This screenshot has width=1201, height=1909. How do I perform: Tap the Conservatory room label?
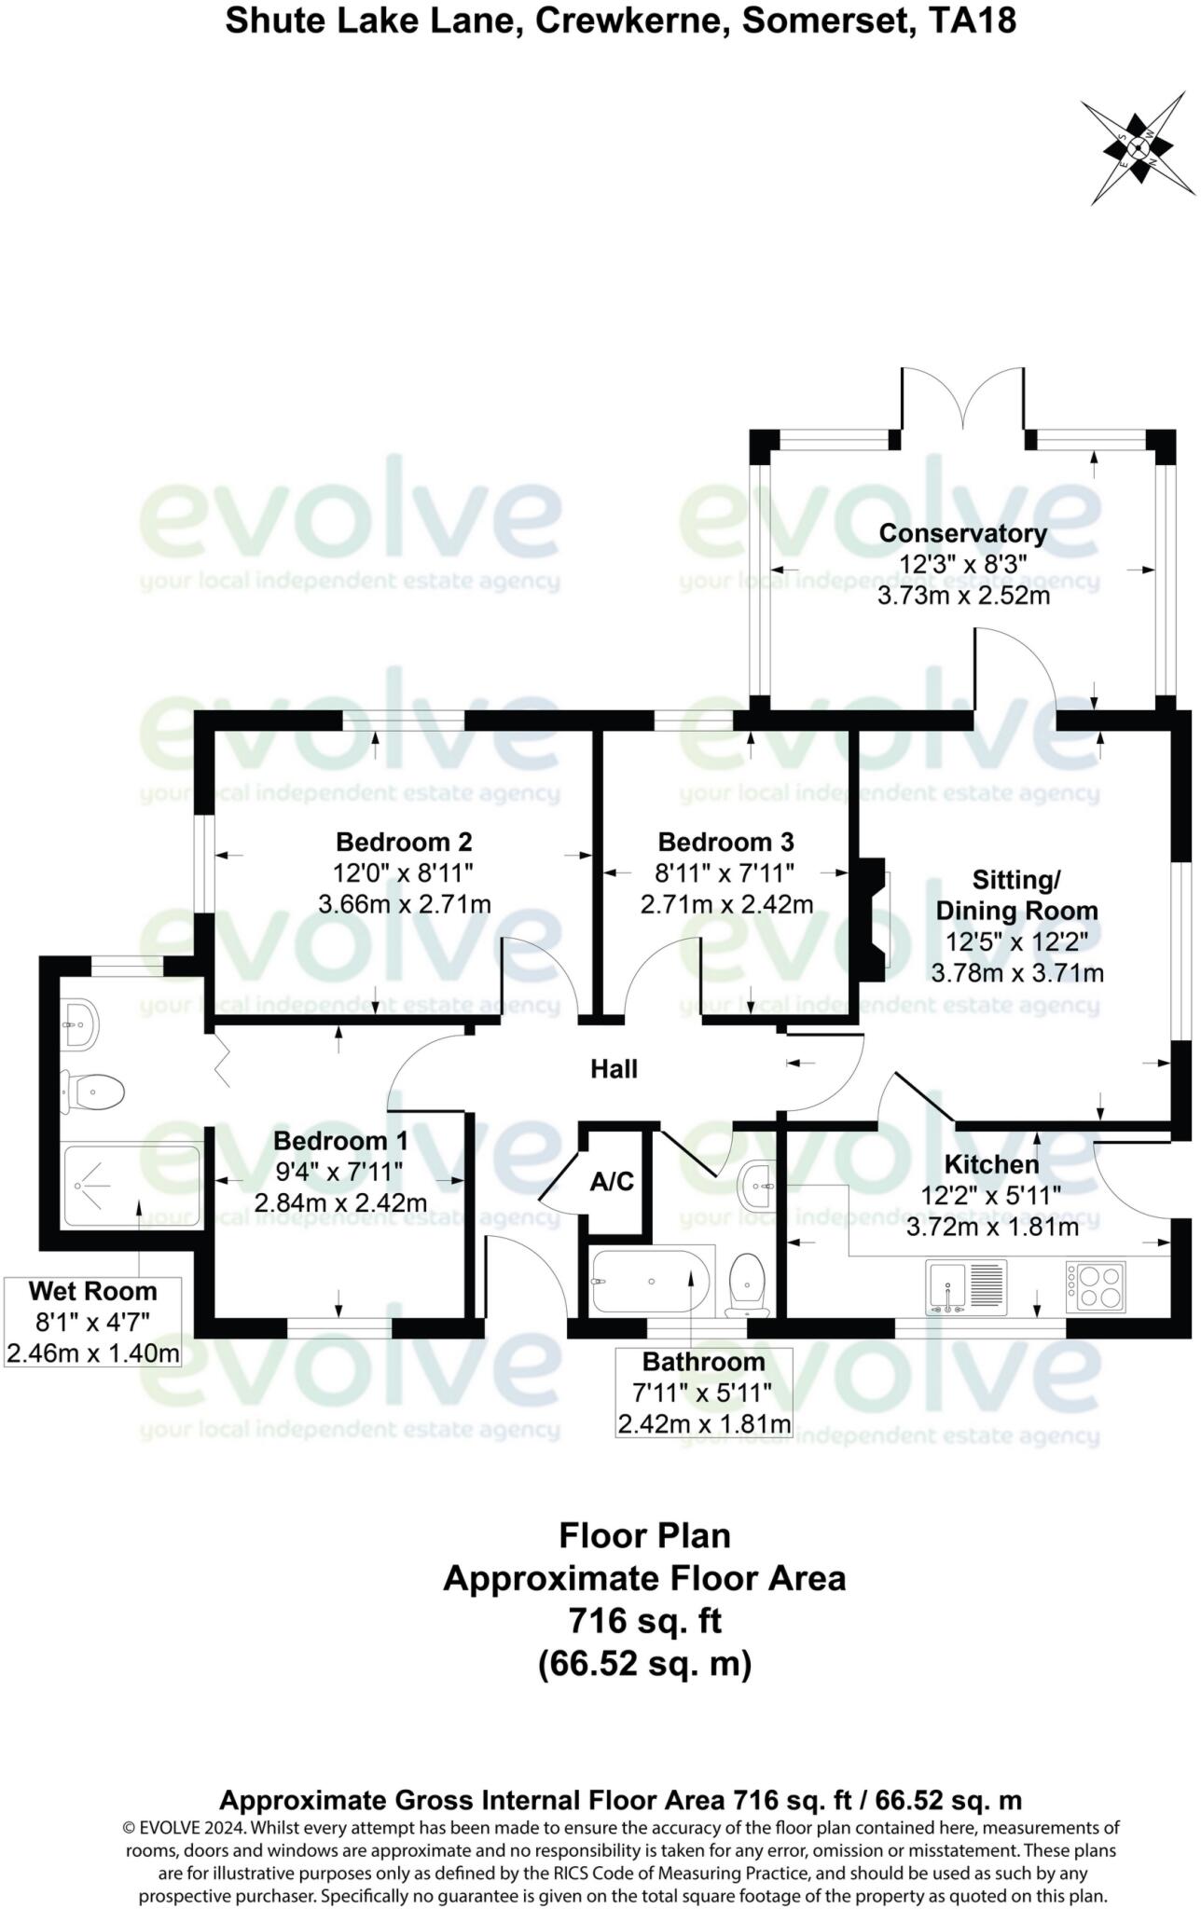click(962, 533)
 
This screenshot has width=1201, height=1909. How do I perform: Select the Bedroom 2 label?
click(404, 842)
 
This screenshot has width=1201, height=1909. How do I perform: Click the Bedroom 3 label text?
click(725, 842)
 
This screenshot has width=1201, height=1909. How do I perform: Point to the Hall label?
click(614, 1069)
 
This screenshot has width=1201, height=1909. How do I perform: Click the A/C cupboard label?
click(612, 1182)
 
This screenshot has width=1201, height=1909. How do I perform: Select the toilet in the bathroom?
click(746, 1284)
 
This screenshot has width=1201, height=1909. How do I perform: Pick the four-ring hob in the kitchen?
click(1096, 1286)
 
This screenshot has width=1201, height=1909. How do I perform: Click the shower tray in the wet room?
click(131, 1185)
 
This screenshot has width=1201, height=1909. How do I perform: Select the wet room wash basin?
click(78, 1023)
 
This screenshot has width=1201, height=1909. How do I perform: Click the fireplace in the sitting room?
click(874, 920)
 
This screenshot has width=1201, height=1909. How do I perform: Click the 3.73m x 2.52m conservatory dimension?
click(963, 596)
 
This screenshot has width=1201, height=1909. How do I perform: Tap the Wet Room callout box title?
click(92, 1292)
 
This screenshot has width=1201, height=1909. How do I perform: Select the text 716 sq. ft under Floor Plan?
click(644, 1621)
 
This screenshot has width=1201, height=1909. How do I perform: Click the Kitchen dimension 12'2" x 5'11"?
click(990, 1196)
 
